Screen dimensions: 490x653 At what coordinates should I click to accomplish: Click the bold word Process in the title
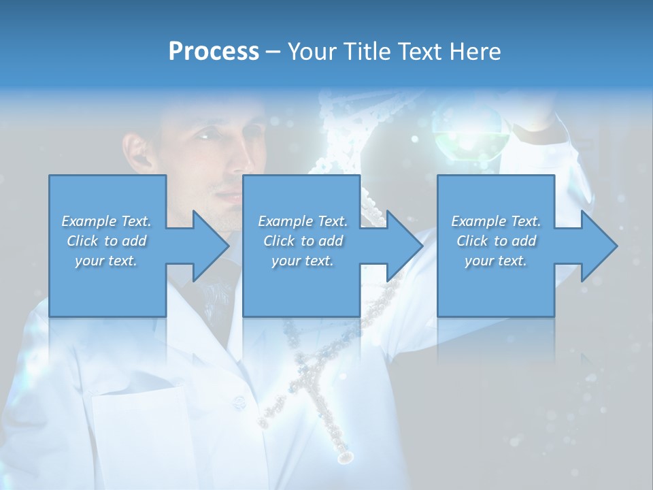(x=214, y=52)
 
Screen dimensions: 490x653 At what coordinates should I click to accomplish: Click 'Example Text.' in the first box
(x=106, y=221)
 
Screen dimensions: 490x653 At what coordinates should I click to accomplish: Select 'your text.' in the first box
(x=106, y=261)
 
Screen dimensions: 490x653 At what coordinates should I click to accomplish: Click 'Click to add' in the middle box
(x=303, y=241)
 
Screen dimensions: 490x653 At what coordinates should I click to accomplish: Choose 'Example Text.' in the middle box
(x=303, y=221)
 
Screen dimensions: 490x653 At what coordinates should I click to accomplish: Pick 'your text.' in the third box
(x=496, y=261)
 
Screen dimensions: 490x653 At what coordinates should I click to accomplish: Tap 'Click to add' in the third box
(x=496, y=241)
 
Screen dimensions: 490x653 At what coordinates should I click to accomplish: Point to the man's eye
(x=206, y=137)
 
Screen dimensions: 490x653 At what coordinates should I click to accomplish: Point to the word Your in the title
(x=309, y=52)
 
